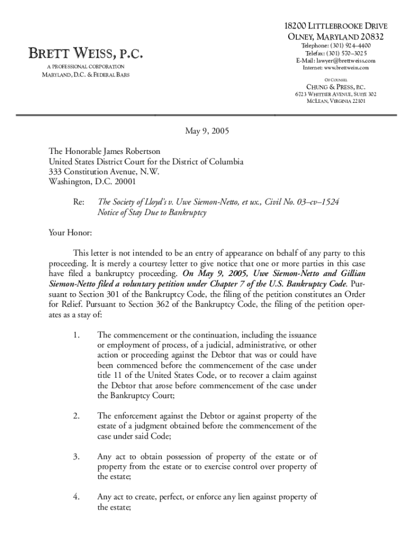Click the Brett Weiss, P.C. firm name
click(86, 54)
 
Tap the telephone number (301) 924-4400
click(351, 46)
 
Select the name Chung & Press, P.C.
click(336, 87)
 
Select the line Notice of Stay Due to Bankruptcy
click(152, 213)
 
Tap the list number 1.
click(76, 336)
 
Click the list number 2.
click(76, 416)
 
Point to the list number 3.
click(76, 457)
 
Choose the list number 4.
click(76, 497)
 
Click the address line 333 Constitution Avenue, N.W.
click(104, 172)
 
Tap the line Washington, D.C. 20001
click(92, 182)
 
